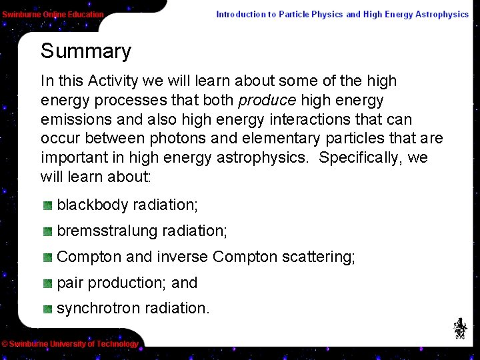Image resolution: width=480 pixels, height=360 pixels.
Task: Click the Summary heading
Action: click(86, 51)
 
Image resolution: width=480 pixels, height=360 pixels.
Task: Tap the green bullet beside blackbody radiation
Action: click(48, 206)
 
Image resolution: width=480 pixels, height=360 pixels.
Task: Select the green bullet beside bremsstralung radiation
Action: click(48, 231)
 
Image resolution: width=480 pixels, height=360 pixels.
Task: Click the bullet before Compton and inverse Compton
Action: click(48, 257)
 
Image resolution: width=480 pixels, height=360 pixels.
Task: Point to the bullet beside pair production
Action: click(48, 283)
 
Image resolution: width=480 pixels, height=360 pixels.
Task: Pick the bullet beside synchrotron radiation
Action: click(48, 309)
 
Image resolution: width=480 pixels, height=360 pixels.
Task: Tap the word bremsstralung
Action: click(107, 231)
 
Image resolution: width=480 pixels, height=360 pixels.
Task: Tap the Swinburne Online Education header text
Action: click(53, 14)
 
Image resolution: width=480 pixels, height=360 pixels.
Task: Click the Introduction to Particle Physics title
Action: click(342, 14)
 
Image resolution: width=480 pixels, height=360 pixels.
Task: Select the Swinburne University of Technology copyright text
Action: click(70, 344)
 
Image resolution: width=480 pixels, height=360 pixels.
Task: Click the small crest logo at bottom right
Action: click(460, 327)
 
